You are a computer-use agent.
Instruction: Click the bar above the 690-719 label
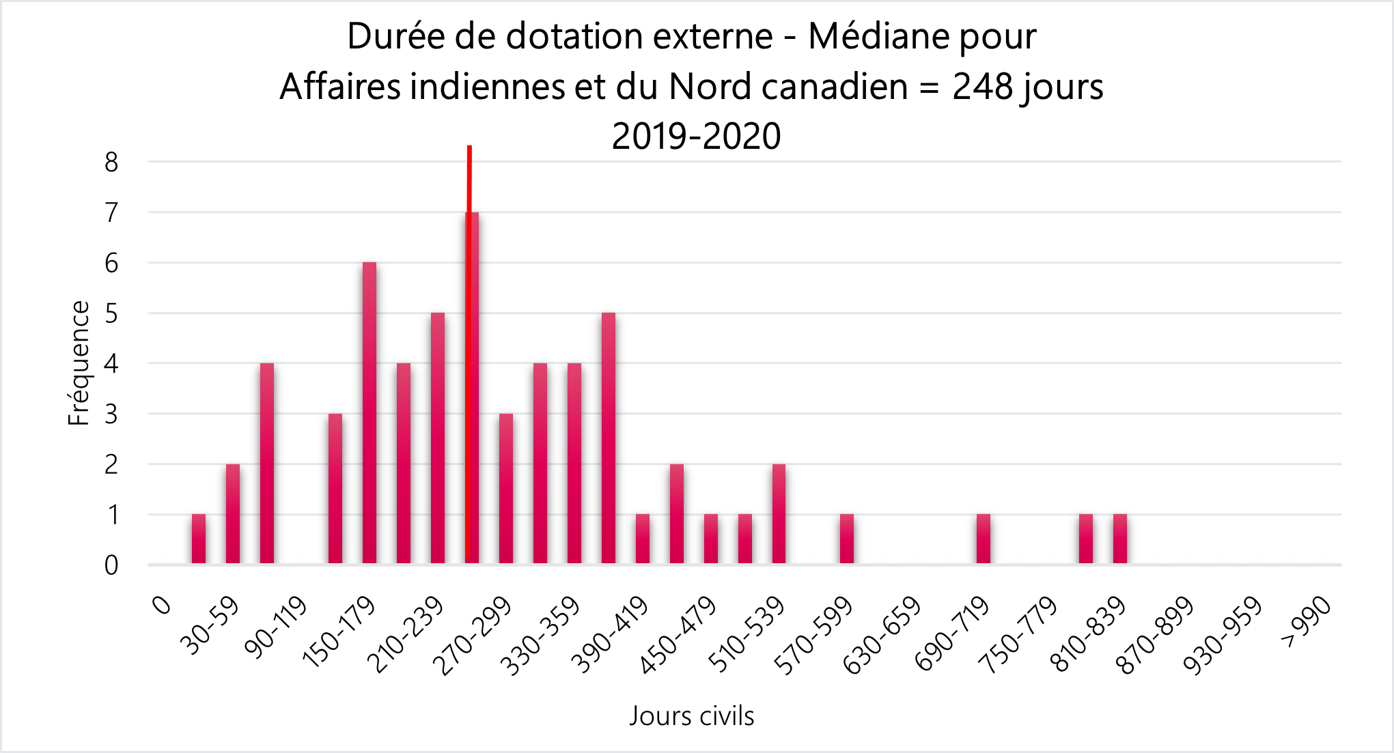[984, 539]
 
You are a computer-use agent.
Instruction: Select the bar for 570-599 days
[847, 539]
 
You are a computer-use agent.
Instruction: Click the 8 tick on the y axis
[111, 162]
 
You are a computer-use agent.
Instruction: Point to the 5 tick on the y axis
[111, 314]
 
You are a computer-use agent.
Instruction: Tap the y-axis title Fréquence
[79, 363]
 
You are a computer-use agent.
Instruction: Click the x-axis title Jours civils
[691, 716]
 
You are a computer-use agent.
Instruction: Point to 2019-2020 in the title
[696, 136]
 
